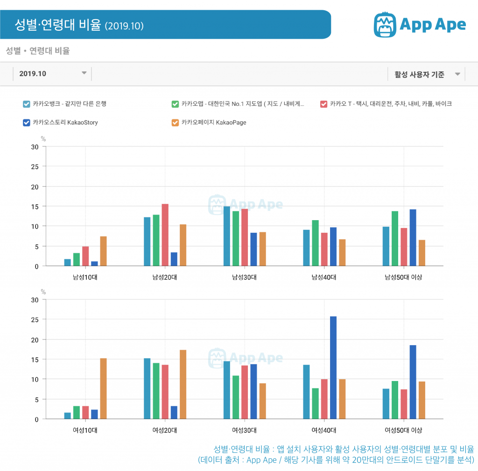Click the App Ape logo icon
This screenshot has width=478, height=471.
(x=385, y=25)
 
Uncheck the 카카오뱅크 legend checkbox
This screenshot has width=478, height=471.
(x=27, y=104)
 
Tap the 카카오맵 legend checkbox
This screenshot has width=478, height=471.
(x=175, y=104)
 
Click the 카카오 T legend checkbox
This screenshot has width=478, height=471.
(x=323, y=104)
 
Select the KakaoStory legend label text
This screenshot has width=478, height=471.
(x=65, y=123)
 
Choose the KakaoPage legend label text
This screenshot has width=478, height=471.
(x=213, y=123)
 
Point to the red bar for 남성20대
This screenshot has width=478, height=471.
(x=165, y=235)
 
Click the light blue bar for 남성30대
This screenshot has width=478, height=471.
(x=227, y=236)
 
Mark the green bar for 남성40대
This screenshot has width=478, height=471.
(x=315, y=243)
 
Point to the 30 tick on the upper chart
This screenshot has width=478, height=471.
(x=35, y=147)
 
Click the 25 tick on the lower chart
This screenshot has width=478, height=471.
(x=35, y=320)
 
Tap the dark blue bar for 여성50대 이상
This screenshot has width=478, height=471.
(x=413, y=382)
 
